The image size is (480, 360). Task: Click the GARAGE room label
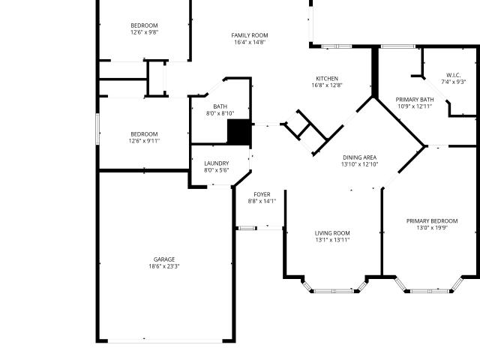click(x=164, y=259)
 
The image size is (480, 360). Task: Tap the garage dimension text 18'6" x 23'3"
click(x=164, y=266)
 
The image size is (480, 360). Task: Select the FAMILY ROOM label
click(x=250, y=35)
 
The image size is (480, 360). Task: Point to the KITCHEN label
click(x=327, y=79)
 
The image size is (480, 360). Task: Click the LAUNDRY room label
click(x=217, y=163)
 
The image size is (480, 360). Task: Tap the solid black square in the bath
click(x=239, y=132)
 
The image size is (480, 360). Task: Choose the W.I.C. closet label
click(x=453, y=75)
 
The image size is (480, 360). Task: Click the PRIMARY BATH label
click(x=415, y=100)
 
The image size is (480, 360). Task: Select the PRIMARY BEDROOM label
click(x=432, y=221)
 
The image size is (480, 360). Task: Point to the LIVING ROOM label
click(x=332, y=233)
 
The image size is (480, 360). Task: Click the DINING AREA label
click(x=360, y=157)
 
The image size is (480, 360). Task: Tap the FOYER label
click(x=262, y=195)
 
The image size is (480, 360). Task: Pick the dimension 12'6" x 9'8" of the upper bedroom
click(x=144, y=32)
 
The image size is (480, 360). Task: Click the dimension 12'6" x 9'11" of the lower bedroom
click(x=144, y=141)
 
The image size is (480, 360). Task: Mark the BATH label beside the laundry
click(x=220, y=106)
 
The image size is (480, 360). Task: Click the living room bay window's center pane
click(x=334, y=291)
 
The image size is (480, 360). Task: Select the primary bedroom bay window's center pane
click(x=430, y=291)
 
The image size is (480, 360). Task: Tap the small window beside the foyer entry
click(x=247, y=228)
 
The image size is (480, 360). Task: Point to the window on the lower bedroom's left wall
click(x=97, y=129)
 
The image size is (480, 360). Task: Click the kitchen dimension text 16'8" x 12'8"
click(x=327, y=85)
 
